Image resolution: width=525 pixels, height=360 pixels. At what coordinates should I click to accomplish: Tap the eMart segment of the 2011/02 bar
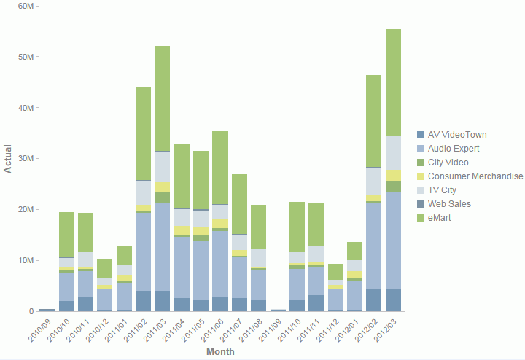coord(143,134)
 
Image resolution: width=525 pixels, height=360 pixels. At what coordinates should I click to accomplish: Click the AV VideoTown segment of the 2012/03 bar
coord(394,300)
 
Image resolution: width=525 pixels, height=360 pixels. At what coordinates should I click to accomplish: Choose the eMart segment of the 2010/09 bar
coord(47,309)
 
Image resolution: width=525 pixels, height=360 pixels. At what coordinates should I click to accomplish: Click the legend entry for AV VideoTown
coord(457,135)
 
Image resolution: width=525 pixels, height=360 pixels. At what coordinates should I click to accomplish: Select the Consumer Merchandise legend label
coord(475,176)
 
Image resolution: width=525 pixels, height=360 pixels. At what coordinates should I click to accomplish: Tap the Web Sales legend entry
coord(449,204)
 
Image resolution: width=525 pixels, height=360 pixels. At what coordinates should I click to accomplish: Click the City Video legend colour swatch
coord(420,163)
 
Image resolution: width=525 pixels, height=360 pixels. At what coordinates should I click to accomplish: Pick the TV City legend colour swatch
coord(420,190)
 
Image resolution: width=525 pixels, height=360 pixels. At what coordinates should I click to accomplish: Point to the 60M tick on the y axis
coord(26,6)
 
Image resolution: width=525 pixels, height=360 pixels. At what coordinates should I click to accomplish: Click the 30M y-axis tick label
coord(26,158)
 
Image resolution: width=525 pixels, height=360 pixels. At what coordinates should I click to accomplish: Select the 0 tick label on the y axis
coord(31,311)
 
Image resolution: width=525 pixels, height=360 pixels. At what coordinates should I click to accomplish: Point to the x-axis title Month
coord(220,352)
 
